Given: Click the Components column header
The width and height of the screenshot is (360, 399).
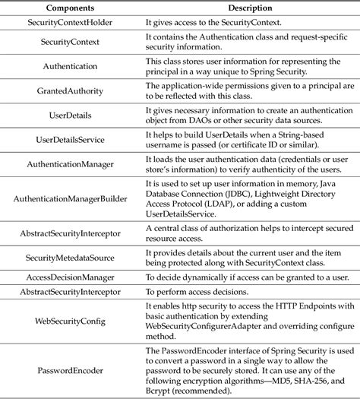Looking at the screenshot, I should [71, 7].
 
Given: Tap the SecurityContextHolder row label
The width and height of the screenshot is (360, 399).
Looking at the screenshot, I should [71, 21].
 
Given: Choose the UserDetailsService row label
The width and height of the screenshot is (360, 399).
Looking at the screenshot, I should [71, 140].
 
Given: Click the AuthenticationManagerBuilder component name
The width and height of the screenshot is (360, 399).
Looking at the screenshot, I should [71, 199].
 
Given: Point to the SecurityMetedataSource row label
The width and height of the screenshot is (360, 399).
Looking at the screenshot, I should [71, 259].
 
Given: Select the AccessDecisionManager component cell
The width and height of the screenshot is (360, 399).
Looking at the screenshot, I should [71, 279].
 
